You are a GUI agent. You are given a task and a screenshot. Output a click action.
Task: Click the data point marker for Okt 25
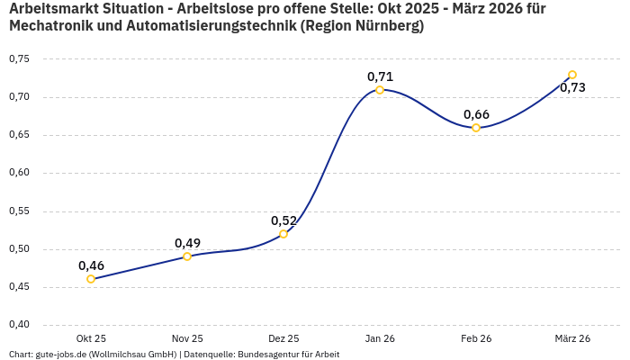click(91, 279)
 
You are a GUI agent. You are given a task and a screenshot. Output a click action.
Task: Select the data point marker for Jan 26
click(380, 90)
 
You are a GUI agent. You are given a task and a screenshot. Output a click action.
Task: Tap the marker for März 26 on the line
click(572, 75)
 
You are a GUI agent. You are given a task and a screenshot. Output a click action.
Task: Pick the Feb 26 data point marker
click(476, 128)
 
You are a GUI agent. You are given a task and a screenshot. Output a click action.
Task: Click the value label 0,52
click(283, 220)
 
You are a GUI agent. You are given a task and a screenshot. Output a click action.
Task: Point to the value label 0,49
click(187, 243)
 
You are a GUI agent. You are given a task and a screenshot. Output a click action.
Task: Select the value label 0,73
click(572, 87)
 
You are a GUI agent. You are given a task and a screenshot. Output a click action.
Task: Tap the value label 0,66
click(476, 114)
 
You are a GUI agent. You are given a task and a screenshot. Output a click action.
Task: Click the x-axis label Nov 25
click(187, 338)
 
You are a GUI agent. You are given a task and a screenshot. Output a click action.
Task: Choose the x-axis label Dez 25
click(283, 338)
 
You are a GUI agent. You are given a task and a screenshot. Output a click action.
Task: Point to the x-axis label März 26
click(572, 338)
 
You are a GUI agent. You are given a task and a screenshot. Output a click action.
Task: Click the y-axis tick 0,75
click(19, 58)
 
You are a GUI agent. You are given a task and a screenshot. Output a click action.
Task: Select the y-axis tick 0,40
click(19, 325)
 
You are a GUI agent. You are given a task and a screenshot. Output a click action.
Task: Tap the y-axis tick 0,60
click(19, 173)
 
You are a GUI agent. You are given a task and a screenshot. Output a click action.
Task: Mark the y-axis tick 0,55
click(19, 211)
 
